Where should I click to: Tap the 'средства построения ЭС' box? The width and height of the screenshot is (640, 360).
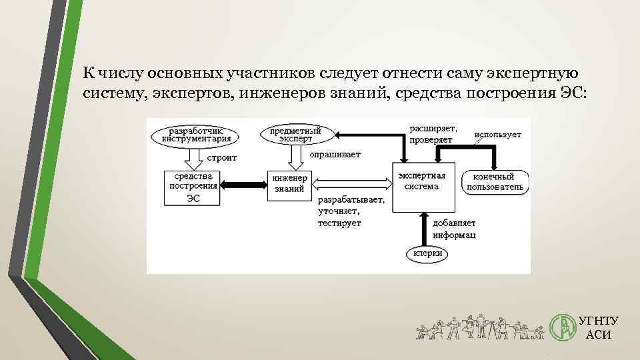pos(193,187)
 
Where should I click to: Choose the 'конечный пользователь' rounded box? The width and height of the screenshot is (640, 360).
pos(497,183)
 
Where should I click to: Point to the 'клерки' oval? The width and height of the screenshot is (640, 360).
pos(425,254)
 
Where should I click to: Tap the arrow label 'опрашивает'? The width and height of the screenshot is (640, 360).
pos(335,155)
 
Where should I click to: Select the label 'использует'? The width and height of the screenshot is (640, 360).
pos(499,135)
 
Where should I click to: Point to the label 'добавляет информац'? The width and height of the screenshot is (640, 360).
pos(454,229)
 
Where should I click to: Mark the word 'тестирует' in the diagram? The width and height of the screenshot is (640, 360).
pos(339,223)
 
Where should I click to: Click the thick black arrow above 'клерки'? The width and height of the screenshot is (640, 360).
pos(423,230)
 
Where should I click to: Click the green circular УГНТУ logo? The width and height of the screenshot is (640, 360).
pos(561,327)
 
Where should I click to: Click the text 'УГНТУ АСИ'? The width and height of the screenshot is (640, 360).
pos(598,327)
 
